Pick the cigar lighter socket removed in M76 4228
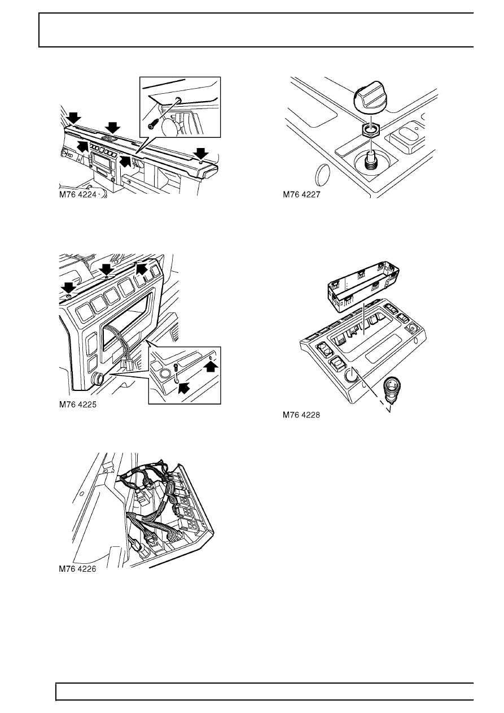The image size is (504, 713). [393, 389]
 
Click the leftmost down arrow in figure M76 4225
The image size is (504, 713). [68, 288]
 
